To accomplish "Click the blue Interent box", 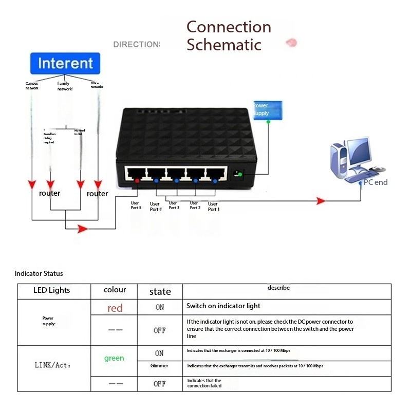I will point(65,64).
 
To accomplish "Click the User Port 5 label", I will point(136,205).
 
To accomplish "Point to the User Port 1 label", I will point(213,207).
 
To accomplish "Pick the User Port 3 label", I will point(174,206).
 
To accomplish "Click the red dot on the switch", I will point(137,180).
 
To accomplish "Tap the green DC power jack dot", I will point(240,176).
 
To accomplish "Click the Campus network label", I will point(32,86).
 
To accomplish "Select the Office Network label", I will point(97,85).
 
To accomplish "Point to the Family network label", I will point(64,86).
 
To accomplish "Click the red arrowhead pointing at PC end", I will point(321,201).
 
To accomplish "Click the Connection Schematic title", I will point(229,35).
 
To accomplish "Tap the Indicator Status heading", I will point(39,274).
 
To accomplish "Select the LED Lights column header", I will point(51,290).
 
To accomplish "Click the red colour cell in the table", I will point(115,308).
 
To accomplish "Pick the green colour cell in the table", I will point(114,358).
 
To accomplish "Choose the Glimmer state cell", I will point(159,366).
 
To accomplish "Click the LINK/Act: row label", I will point(52,365).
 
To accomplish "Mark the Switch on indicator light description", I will point(223,306).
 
